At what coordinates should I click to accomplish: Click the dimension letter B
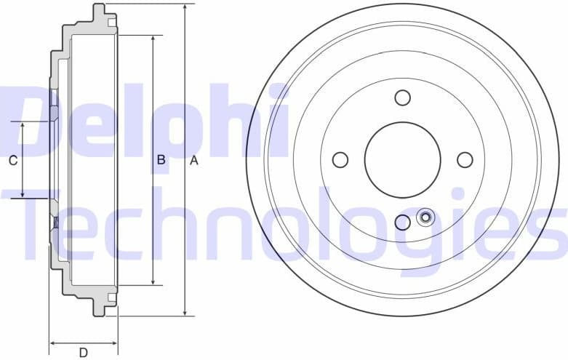pyautogui.click(x=161, y=160)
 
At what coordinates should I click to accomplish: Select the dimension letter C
pyautogui.click(x=12, y=161)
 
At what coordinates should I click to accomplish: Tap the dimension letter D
pyautogui.click(x=84, y=353)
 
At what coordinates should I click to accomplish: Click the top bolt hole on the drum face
pyautogui.click(x=402, y=97)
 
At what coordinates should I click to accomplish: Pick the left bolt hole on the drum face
pyautogui.click(x=340, y=159)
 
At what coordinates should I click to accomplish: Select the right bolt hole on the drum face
pyautogui.click(x=465, y=159)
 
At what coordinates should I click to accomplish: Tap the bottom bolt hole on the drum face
pyautogui.click(x=402, y=222)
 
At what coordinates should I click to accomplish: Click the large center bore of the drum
pyautogui.click(x=402, y=159)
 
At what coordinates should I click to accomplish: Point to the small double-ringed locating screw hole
pyautogui.click(x=425, y=217)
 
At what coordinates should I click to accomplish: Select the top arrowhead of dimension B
pyautogui.click(x=153, y=39)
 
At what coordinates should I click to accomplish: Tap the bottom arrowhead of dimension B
pyautogui.click(x=153, y=280)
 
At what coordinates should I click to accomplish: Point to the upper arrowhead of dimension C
pyautogui.click(x=23, y=127)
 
